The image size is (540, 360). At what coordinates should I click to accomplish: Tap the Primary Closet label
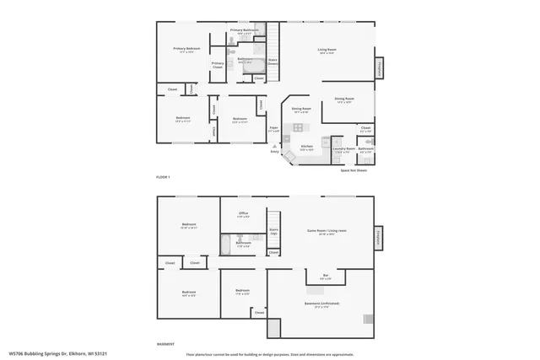pos(218,64)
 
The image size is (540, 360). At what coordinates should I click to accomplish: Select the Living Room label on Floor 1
pos(327,51)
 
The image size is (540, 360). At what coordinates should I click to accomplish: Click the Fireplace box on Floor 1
pos(381,68)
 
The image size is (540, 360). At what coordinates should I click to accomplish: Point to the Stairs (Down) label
pos(273,61)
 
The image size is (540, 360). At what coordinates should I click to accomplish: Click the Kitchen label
pos(307,147)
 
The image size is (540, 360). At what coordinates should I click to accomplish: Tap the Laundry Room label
pos(343,150)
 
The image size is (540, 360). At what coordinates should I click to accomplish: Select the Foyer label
pos(273,131)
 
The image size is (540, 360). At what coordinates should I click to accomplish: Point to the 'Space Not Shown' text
pos(354,170)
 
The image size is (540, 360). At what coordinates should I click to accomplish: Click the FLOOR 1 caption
pos(163,176)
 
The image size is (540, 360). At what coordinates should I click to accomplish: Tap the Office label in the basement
pos(243,214)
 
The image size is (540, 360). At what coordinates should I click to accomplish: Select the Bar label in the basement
pos(326,277)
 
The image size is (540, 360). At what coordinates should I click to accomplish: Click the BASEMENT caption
pos(166,344)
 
